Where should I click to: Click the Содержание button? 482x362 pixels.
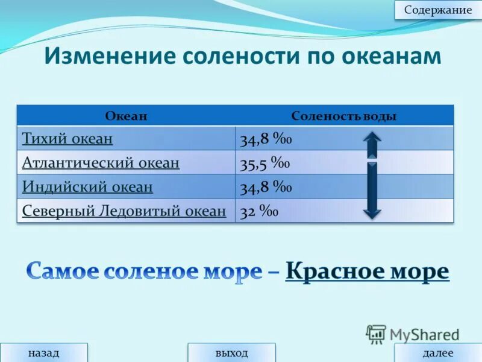(x=438, y=10)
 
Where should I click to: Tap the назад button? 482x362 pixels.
(x=44, y=353)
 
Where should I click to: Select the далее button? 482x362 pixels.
(x=438, y=353)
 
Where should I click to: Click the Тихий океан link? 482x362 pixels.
(x=67, y=139)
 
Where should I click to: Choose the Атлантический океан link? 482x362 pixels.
(x=101, y=163)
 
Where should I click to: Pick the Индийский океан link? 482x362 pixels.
(x=87, y=187)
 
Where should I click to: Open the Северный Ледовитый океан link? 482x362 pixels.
(x=124, y=211)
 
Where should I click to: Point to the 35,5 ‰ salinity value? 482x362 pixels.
(x=265, y=164)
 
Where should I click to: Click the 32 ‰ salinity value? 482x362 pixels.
(x=258, y=212)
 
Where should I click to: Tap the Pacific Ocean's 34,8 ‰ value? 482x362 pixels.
(x=266, y=140)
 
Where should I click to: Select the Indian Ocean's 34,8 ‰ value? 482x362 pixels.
(x=266, y=188)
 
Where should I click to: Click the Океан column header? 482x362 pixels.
(x=126, y=116)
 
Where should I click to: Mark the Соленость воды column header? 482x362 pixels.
(x=343, y=116)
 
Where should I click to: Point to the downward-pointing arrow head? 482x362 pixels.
(x=372, y=211)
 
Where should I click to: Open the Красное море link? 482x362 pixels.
(x=367, y=271)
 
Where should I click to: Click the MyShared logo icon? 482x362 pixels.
(x=376, y=334)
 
